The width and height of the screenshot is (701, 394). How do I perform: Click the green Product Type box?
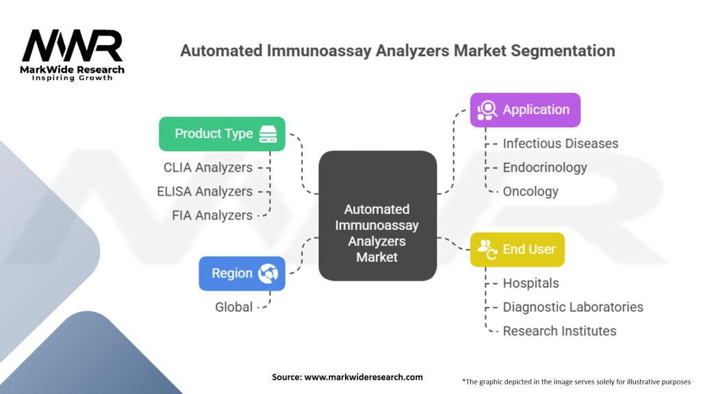pyautogui.click(x=222, y=134)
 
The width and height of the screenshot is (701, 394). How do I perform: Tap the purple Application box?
pyautogui.click(x=525, y=110)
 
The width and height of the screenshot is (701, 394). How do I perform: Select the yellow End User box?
pyautogui.click(x=518, y=250)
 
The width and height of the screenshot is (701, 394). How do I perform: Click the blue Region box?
pyautogui.click(x=242, y=274)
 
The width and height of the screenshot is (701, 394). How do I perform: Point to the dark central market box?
pyautogui.click(x=378, y=215)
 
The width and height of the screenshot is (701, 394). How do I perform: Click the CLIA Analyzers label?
pyautogui.click(x=208, y=168)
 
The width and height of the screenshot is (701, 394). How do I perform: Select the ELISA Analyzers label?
pyautogui.click(x=205, y=192)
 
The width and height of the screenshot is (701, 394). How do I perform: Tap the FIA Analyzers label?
pyautogui.click(x=212, y=215)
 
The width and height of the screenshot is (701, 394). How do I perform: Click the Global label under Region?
pyautogui.click(x=234, y=307)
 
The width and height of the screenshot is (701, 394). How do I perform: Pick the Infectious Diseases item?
pyautogui.click(x=561, y=144)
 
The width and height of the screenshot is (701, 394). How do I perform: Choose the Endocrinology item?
pyautogui.click(x=545, y=168)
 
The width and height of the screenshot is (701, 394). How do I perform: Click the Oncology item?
pyautogui.click(x=531, y=192)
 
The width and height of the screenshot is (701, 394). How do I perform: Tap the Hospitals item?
pyautogui.click(x=531, y=283)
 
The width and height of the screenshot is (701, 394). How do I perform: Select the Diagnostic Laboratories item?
pyautogui.click(x=573, y=307)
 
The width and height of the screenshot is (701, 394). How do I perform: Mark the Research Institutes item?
pyautogui.click(x=560, y=331)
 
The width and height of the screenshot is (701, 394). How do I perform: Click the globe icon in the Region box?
pyautogui.click(x=268, y=274)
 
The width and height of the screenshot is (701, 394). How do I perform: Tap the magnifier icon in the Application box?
pyautogui.click(x=487, y=110)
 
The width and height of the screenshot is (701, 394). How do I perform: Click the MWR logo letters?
pyautogui.click(x=72, y=45)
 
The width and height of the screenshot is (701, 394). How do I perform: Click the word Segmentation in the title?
pyautogui.click(x=563, y=51)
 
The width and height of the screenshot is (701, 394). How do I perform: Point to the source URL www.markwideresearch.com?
pyautogui.click(x=364, y=377)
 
